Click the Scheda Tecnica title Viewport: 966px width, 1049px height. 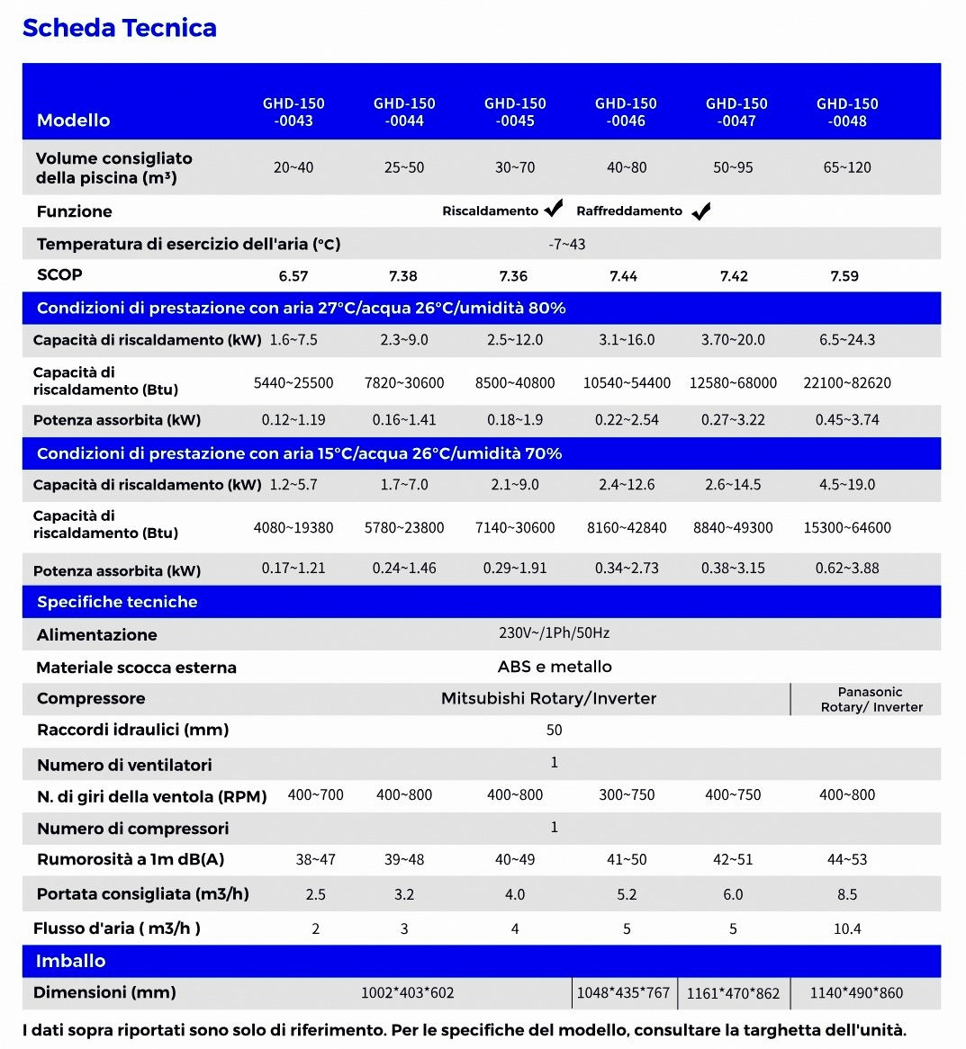pyautogui.click(x=119, y=28)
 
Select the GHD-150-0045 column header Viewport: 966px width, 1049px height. pyautogui.click(x=515, y=112)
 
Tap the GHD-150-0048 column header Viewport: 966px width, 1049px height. pyautogui.click(x=847, y=112)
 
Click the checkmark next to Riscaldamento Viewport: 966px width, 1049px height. pyautogui.click(x=554, y=209)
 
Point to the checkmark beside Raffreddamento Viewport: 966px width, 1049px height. pyautogui.click(x=701, y=211)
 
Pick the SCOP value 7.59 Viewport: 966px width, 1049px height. pyautogui.click(x=844, y=276)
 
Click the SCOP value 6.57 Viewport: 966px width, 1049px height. pyautogui.click(x=293, y=276)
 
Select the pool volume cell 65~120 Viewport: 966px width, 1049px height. pyautogui.click(x=847, y=167)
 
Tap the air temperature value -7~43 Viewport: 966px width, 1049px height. pyautogui.click(x=567, y=244)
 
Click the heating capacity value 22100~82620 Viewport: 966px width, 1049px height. pyautogui.click(x=847, y=382)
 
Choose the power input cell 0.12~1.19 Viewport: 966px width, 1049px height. pyautogui.click(x=293, y=420)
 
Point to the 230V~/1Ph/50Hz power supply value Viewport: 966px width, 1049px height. pyautogui.click(x=554, y=633)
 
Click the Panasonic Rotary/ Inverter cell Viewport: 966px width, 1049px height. pyautogui.click(x=871, y=699)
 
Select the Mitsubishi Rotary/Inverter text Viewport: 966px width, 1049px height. pyautogui.click(x=548, y=698)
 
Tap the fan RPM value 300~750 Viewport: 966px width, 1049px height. pyautogui.click(x=627, y=795)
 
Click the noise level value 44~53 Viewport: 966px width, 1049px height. pyautogui.click(x=847, y=860)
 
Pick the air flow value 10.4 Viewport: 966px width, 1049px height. pyautogui.click(x=847, y=928)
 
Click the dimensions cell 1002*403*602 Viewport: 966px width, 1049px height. pyautogui.click(x=407, y=993)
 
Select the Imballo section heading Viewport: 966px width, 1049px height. pyautogui.click(x=70, y=961)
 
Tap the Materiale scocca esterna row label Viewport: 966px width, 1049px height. pyautogui.click(x=136, y=668)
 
